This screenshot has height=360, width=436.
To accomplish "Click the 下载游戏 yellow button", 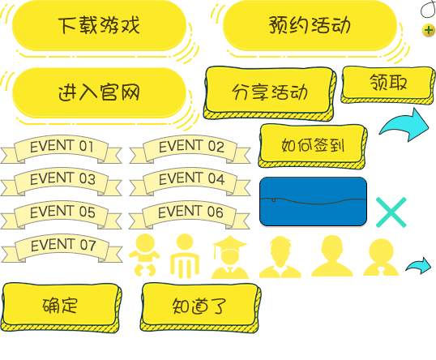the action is (99, 26).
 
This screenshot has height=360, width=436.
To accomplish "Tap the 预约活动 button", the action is (310, 26).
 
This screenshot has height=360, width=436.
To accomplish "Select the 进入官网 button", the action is (99, 92).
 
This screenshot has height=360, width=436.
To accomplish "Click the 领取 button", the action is (388, 84).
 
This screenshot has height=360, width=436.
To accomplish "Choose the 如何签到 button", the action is (313, 146).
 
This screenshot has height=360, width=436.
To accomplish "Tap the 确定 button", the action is (61, 307).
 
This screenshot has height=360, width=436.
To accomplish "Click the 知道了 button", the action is (200, 307).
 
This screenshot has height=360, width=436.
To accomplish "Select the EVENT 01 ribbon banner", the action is (61, 149).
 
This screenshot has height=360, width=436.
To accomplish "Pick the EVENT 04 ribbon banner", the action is (190, 182).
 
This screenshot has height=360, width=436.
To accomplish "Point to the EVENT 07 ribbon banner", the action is (62, 247).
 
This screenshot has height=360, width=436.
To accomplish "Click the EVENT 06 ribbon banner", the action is (190, 215).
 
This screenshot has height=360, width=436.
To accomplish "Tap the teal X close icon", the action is (391, 212).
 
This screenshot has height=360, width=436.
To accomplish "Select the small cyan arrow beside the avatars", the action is (419, 266).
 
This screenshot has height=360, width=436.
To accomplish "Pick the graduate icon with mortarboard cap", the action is (230, 257).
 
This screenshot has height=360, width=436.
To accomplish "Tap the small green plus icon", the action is (429, 30).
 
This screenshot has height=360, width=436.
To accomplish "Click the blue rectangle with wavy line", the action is (313, 201).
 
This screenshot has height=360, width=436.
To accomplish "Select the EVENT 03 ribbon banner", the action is (61, 182).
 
